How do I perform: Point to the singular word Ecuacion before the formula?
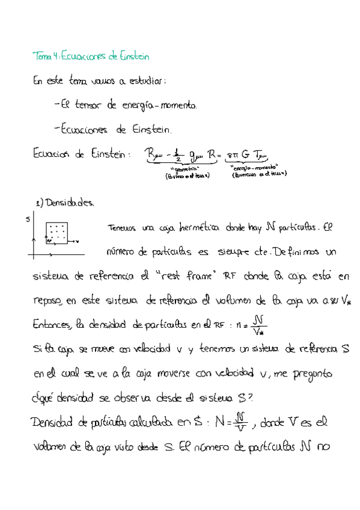tap(53, 155)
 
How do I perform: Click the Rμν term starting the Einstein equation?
tap(156, 156)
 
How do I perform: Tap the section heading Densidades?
tap(69, 203)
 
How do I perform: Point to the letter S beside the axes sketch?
tap(28, 220)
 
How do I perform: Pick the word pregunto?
tap(314, 375)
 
